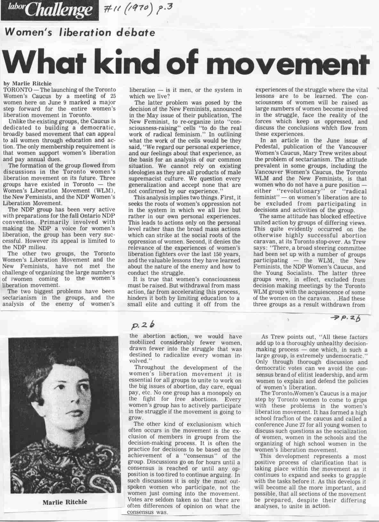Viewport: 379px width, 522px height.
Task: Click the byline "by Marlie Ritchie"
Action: coord(28,83)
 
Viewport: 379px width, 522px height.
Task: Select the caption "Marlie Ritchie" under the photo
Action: coord(65,502)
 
